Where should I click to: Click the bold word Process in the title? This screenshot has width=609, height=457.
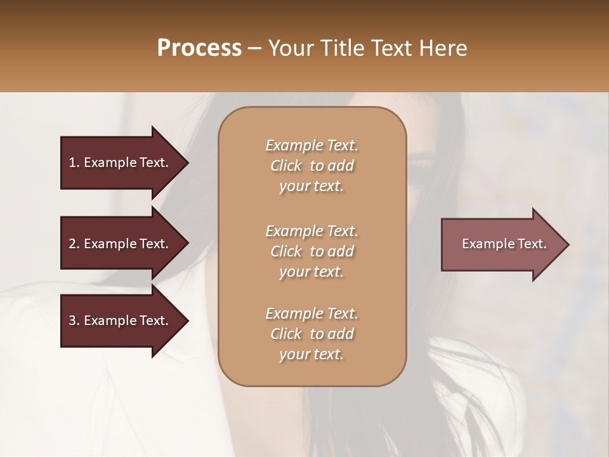tap(199, 48)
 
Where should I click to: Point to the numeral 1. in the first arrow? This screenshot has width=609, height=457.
tap(74, 162)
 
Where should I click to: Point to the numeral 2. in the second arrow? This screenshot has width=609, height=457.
tap(74, 244)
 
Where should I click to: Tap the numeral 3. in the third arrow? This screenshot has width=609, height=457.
tap(74, 321)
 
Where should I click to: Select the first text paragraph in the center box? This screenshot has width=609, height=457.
tap(311, 166)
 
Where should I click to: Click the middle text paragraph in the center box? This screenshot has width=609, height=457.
tap(311, 251)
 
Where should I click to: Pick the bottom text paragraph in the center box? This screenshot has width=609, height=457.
tap(311, 334)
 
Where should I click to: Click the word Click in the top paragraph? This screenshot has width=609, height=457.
tap(286, 166)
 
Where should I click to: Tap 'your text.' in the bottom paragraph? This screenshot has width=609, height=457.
tap(311, 355)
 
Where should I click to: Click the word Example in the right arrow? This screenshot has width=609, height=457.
tap(483, 244)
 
